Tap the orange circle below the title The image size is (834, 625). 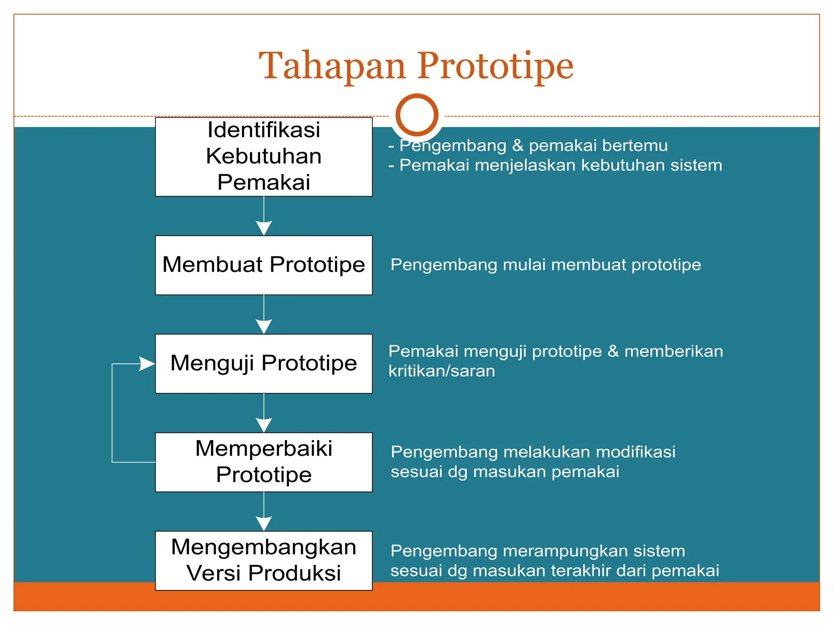(x=417, y=115)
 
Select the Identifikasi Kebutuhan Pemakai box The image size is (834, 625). (x=263, y=157)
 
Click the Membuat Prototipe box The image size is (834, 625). (x=263, y=265)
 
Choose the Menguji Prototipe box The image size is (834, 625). (x=263, y=363)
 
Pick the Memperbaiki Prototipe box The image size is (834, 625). (x=263, y=462)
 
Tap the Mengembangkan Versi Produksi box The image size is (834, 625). (x=263, y=560)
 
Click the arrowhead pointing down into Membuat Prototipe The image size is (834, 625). (x=264, y=227)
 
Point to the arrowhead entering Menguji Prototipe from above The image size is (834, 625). (x=264, y=326)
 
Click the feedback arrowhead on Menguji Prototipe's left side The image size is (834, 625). (x=147, y=364)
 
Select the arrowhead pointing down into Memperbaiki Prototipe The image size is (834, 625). (x=264, y=424)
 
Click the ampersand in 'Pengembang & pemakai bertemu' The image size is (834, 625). (x=518, y=145)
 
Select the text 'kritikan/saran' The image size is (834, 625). (x=441, y=371)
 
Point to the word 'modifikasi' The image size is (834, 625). (x=635, y=452)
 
